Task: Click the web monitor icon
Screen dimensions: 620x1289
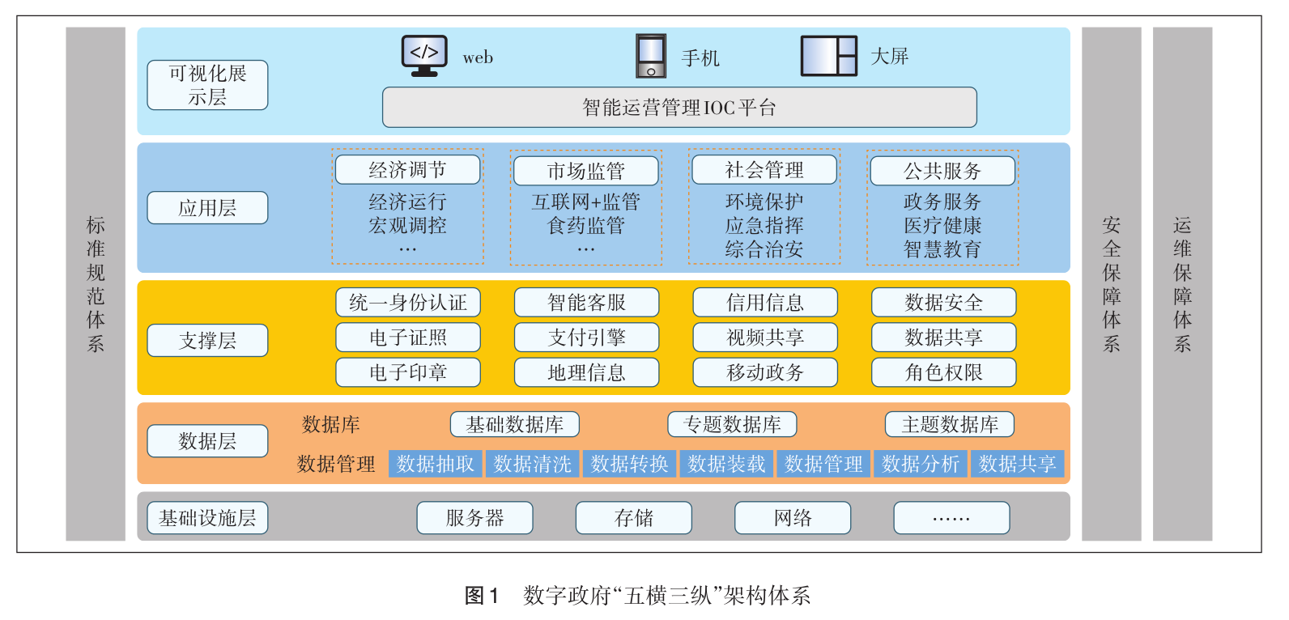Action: pyautogui.click(x=424, y=56)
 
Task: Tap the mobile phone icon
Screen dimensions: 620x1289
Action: pyautogui.click(x=651, y=56)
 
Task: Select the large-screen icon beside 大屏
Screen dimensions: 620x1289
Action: pyautogui.click(x=828, y=56)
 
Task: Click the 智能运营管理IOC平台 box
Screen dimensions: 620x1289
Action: pyautogui.click(x=679, y=108)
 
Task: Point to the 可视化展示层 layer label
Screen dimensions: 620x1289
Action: pyautogui.click(x=207, y=85)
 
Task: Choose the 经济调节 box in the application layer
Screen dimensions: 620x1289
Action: pyautogui.click(x=407, y=170)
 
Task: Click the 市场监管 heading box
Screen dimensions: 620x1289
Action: pyautogui.click(x=585, y=171)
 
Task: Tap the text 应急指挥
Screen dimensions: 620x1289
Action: pyautogui.click(x=764, y=226)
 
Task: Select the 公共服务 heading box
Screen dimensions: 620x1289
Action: pyautogui.click(x=942, y=171)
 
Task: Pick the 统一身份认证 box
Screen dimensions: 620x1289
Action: pyautogui.click(x=408, y=303)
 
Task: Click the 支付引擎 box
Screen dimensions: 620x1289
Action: pyautogui.click(x=586, y=338)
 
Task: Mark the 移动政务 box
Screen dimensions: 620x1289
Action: pyautogui.click(x=765, y=372)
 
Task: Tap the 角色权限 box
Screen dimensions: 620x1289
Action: pyautogui.click(x=943, y=372)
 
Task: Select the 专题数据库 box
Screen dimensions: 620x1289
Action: pyautogui.click(x=732, y=424)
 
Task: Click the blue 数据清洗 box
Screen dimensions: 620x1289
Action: pyautogui.click(x=532, y=464)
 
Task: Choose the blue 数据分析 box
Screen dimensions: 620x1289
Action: pyautogui.click(x=921, y=464)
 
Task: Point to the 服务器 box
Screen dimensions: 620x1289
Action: pyautogui.click(x=474, y=518)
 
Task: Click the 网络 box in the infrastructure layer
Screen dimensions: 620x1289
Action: pyautogui.click(x=793, y=518)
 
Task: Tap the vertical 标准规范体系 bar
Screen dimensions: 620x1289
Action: pyautogui.click(x=96, y=283)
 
